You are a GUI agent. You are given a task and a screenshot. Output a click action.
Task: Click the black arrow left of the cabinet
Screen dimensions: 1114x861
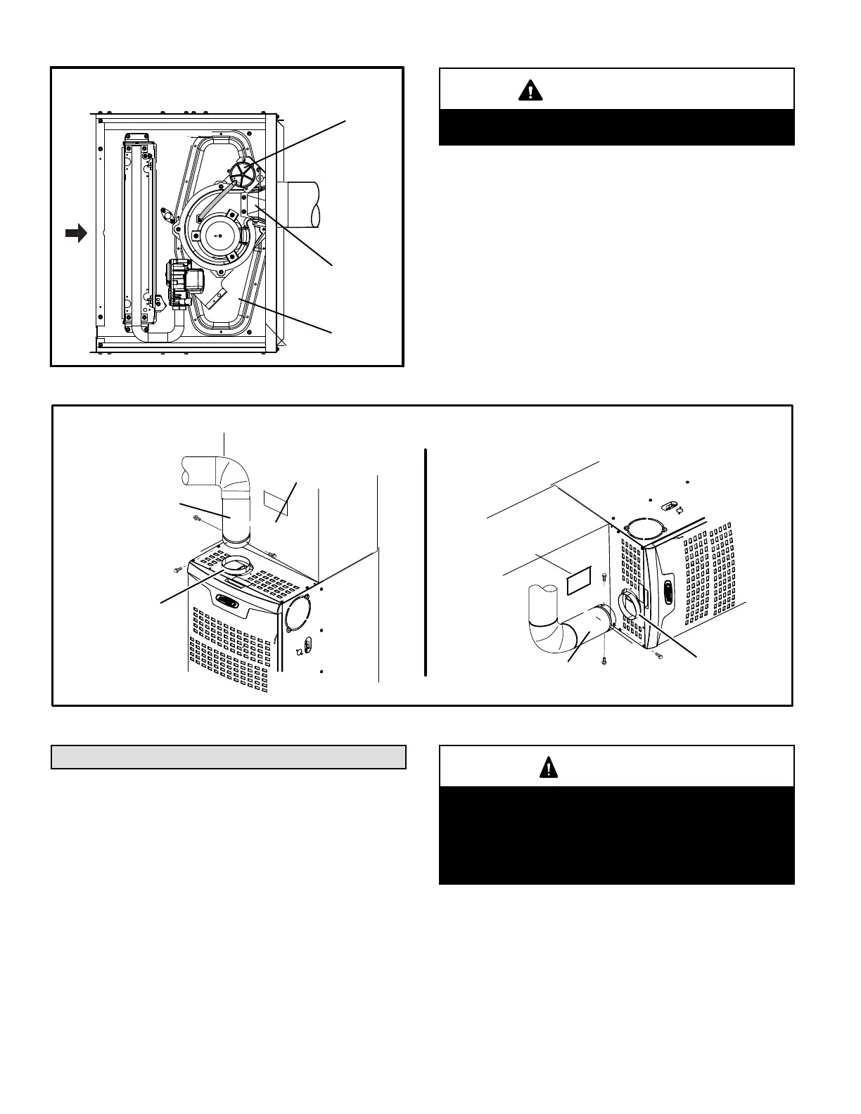tap(75, 233)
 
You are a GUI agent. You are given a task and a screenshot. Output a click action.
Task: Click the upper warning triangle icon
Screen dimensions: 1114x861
tap(530, 90)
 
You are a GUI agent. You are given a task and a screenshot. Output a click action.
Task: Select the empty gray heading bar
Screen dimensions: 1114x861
tap(229, 757)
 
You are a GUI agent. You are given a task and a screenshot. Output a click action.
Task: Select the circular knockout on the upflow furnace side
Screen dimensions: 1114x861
tap(298, 613)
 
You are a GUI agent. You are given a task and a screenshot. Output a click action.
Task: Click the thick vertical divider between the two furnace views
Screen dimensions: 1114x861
tap(426, 562)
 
